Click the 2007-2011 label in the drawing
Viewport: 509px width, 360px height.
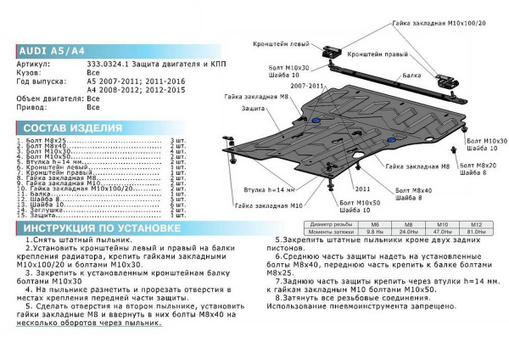point(307,86)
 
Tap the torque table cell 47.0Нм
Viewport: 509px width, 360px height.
point(442,232)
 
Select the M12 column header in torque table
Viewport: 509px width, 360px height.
point(475,225)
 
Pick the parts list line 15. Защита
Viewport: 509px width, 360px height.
point(42,217)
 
